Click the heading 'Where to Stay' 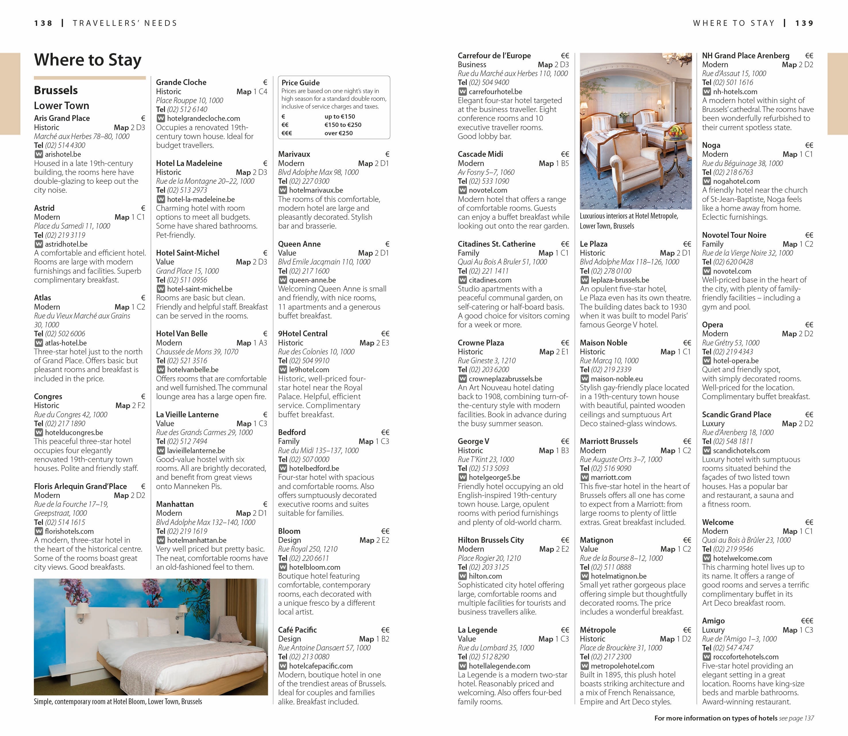coord(88,60)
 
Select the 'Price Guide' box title coord(301,82)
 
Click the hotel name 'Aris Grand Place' coord(62,118)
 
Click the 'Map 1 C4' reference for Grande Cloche coord(252,92)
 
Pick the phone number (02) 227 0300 coord(309,181)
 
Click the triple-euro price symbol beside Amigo coord(807,621)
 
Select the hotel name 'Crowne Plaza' coord(480,343)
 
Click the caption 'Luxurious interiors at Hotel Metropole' coord(629,216)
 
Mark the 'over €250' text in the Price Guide coord(338,133)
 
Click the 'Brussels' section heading coord(56,90)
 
